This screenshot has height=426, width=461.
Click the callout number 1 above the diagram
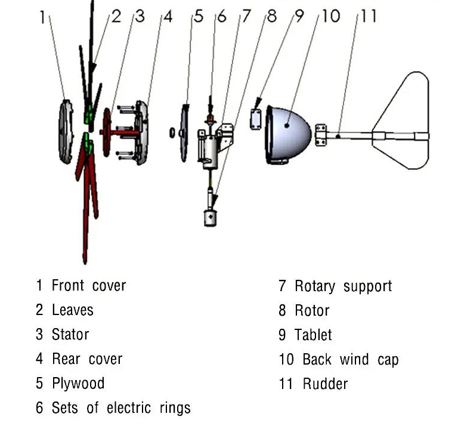tap(42, 17)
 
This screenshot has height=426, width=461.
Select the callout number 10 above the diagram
tap(330, 16)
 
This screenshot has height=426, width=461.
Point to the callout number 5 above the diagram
tap(199, 17)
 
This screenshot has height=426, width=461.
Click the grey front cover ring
tap(65, 132)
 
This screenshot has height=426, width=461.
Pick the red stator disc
tap(107, 132)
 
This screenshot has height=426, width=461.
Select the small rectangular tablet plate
tap(256, 118)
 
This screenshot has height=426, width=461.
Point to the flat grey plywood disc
tap(185, 132)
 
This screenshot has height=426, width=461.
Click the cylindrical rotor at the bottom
tap(209, 217)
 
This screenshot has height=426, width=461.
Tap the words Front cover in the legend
tap(89, 285)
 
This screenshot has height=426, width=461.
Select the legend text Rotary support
tap(343, 286)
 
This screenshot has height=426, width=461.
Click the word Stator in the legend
tap(70, 334)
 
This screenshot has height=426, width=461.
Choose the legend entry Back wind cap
tap(350, 359)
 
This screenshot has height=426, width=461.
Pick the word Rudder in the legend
tap(324, 384)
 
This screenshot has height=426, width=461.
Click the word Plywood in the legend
tap(78, 383)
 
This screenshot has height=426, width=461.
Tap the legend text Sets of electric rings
tap(121, 408)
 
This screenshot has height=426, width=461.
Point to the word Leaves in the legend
tap(73, 310)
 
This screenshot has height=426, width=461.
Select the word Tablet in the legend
tap(313, 335)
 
